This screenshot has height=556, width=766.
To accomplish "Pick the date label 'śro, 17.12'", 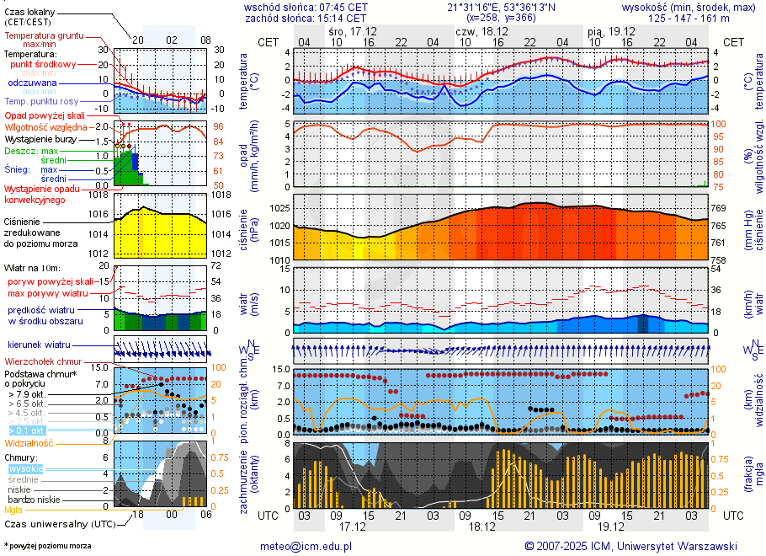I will pyautogui.click(x=353, y=30).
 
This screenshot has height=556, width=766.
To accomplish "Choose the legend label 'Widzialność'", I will pyautogui.click(x=29, y=442).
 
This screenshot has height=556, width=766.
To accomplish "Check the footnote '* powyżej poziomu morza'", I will pyautogui.click(x=48, y=546).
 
